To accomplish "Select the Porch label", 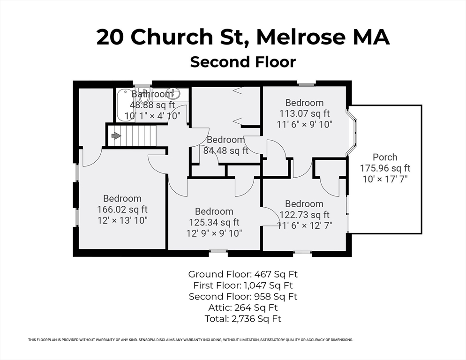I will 385,157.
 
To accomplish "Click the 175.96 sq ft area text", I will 385,168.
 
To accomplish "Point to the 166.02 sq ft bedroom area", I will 122,210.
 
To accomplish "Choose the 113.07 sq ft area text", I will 304,113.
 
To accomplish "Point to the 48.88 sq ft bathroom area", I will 152,105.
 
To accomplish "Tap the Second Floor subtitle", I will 243,62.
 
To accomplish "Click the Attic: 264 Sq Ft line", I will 243,308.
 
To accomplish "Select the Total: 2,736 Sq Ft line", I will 243,319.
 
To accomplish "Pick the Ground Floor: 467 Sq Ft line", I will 243,274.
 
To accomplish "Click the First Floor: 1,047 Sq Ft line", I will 243,285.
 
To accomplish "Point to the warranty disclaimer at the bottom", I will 190,340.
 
